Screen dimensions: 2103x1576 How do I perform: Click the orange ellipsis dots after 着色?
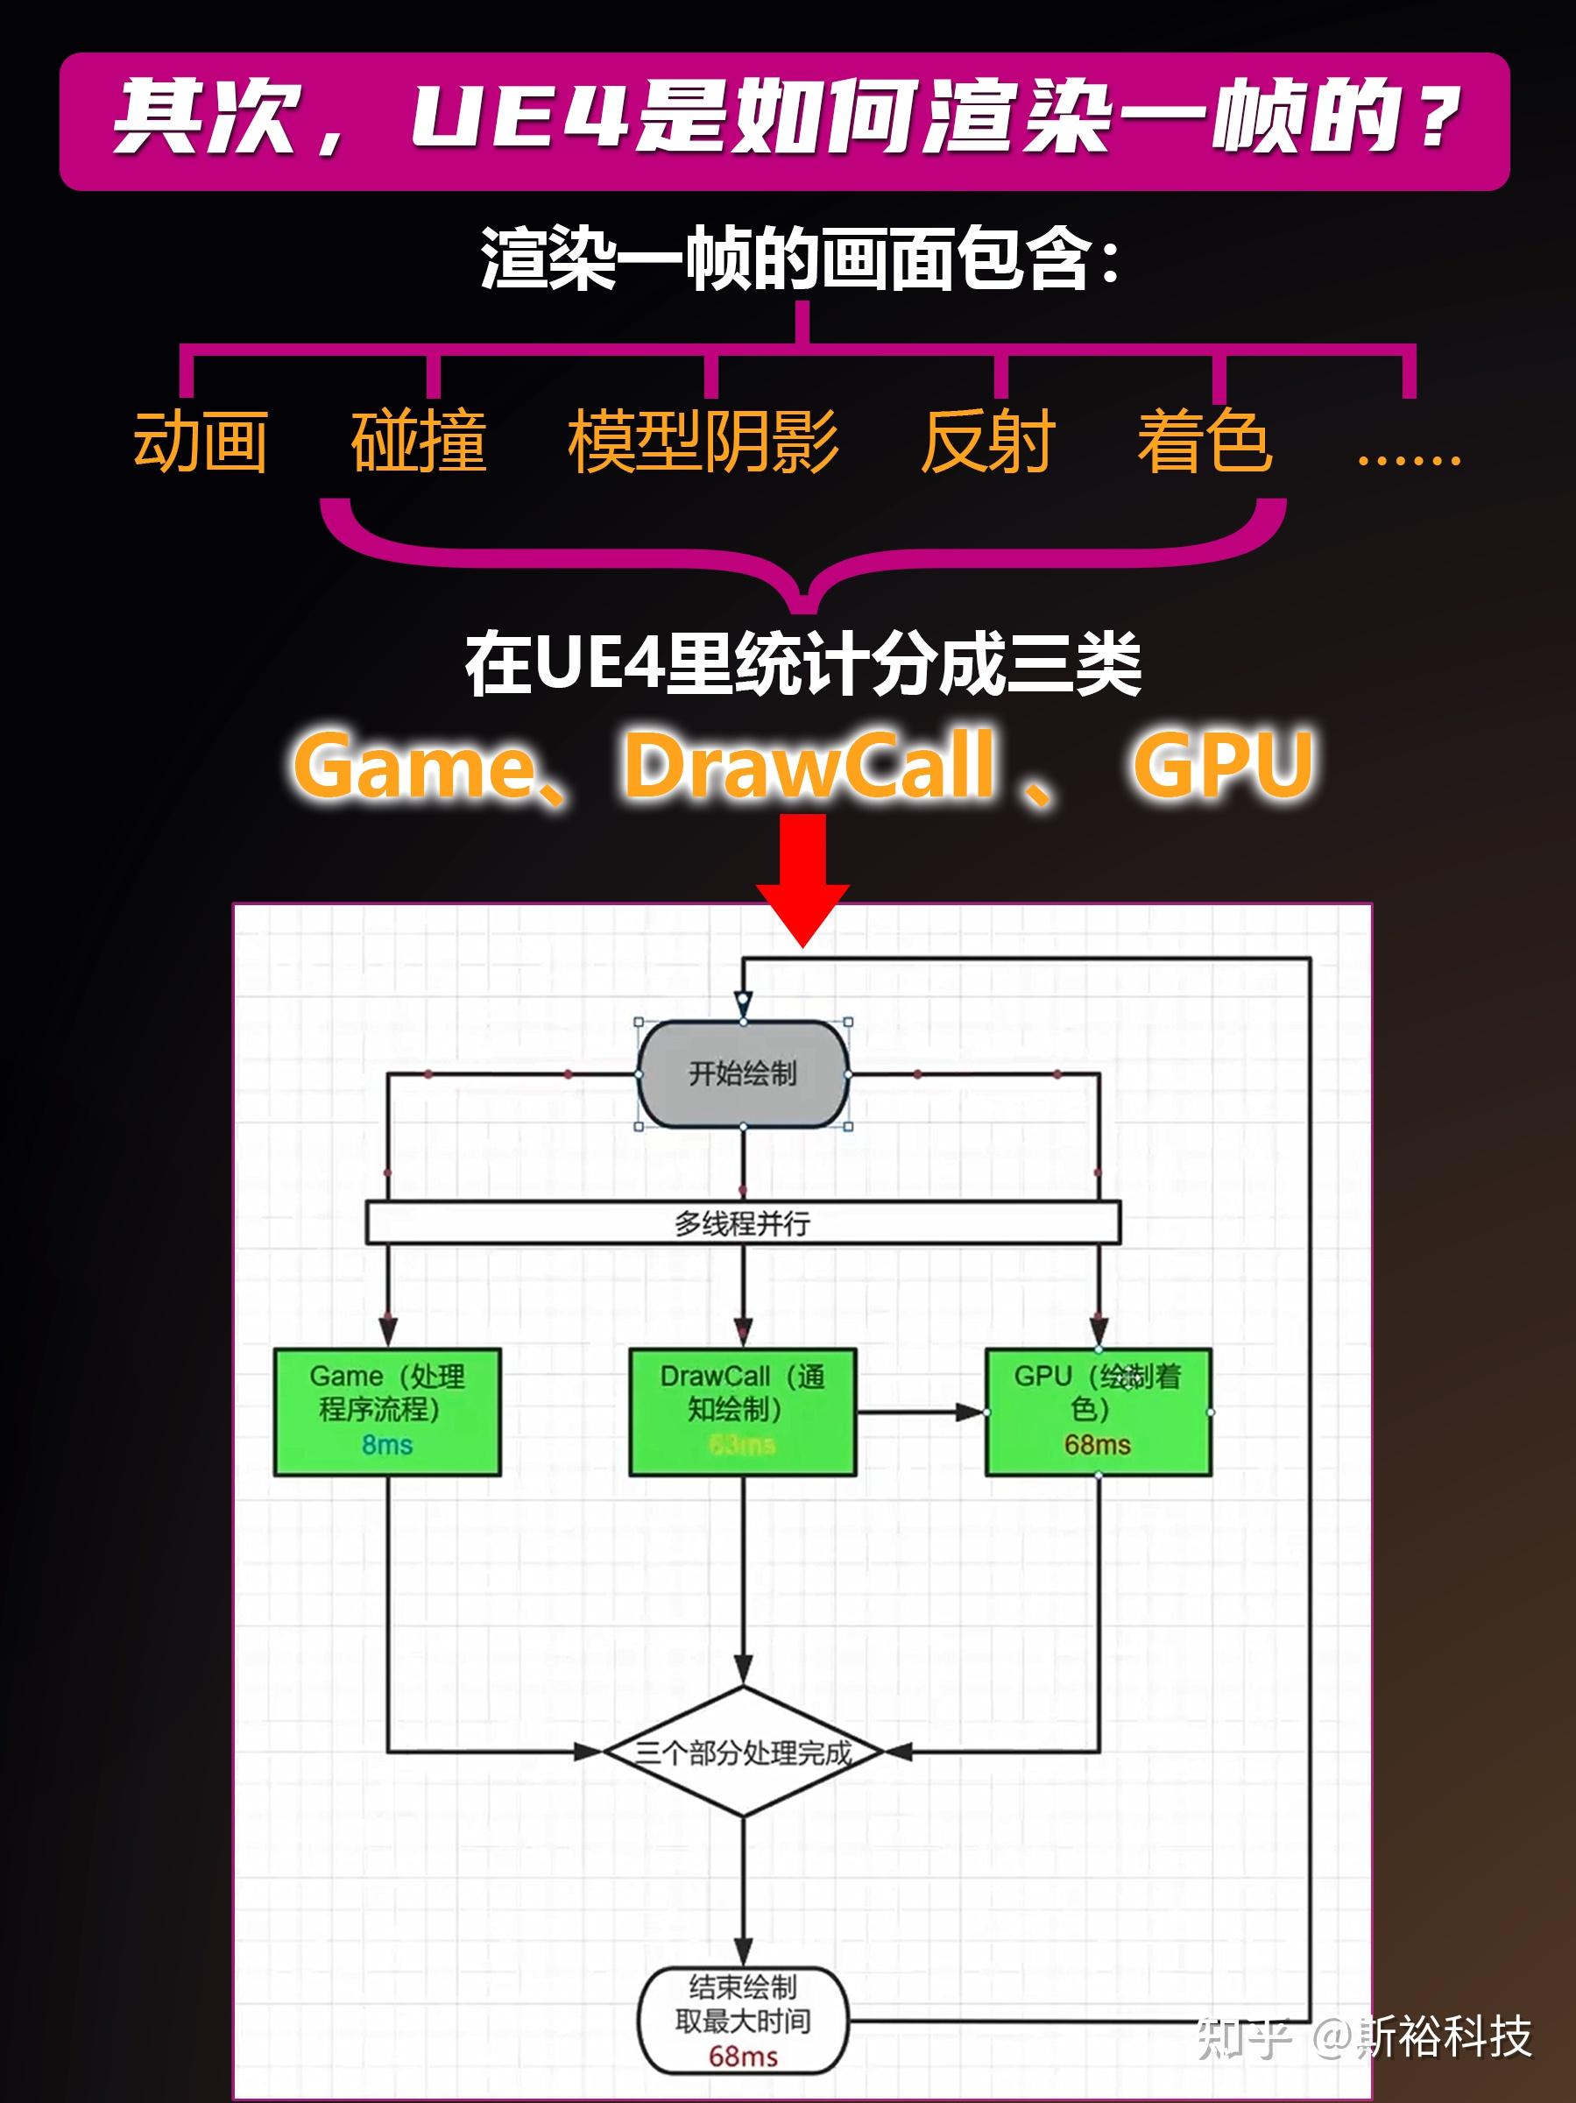pyautogui.click(x=1408, y=458)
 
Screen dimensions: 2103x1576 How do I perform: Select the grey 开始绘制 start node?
pyautogui.click(x=742, y=1074)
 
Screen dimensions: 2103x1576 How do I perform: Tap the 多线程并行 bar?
pyautogui.click(x=742, y=1222)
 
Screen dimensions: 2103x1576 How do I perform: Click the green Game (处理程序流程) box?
pyautogui.click(x=387, y=1411)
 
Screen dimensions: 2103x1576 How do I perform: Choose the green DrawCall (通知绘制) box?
pyautogui.click(x=742, y=1411)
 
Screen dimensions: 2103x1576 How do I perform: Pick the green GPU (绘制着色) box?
pyautogui.click(x=1098, y=1411)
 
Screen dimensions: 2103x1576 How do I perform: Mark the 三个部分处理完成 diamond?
pyautogui.click(x=742, y=1752)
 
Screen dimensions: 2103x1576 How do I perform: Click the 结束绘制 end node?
pyautogui.click(x=742, y=2020)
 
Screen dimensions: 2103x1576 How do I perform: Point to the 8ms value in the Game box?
pyautogui.click(x=387, y=1445)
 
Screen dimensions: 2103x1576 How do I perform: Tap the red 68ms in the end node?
pyautogui.click(x=742, y=2057)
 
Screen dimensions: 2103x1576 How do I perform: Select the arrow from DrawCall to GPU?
pyautogui.click(x=920, y=1412)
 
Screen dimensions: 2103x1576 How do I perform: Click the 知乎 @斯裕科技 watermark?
pyautogui.click(x=1365, y=2036)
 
